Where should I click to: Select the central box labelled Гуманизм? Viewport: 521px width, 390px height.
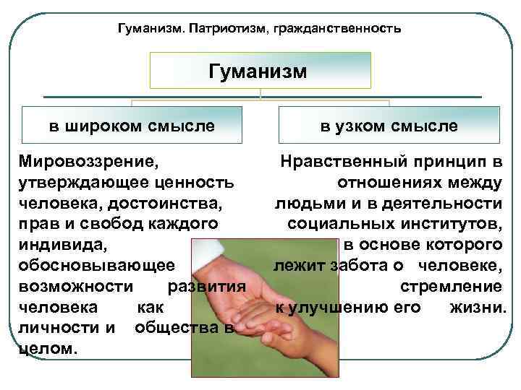click(x=260, y=71)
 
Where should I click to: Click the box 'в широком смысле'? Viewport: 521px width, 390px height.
click(x=132, y=126)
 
